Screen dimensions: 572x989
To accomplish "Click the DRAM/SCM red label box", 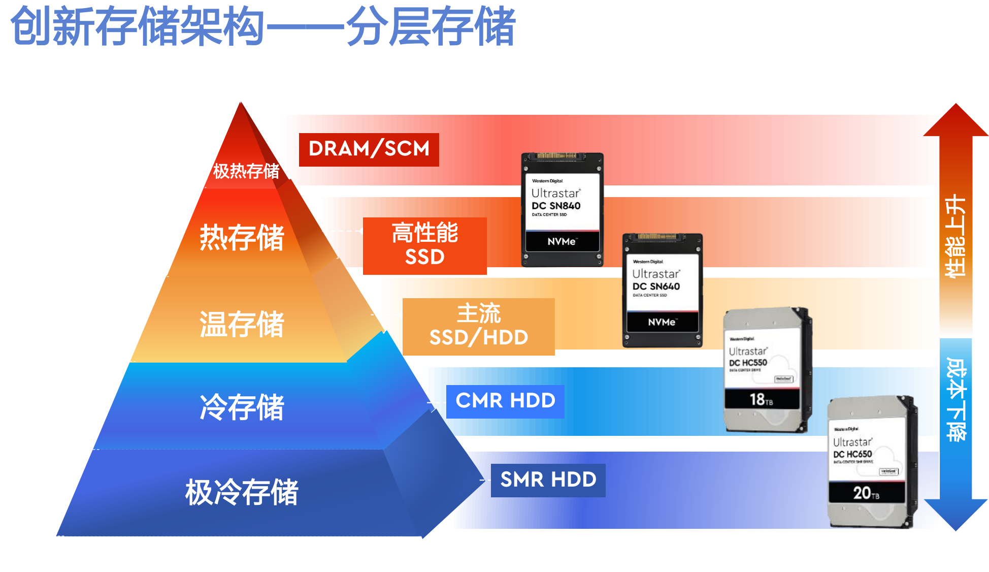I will pyautogui.click(x=369, y=149).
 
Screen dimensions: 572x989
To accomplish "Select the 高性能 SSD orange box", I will pyautogui.click(x=424, y=245).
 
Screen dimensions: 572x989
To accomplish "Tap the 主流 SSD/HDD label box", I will pyautogui.click(x=478, y=326).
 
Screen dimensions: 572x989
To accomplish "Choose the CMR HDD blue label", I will pyautogui.click(x=505, y=401).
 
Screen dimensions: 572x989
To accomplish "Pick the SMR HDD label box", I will pyautogui.click(x=548, y=480).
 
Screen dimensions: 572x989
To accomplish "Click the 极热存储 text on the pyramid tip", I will pyautogui.click(x=246, y=172).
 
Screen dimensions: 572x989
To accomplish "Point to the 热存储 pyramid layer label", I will pyautogui.click(x=242, y=237).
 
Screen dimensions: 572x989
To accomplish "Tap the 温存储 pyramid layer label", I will pyautogui.click(x=242, y=324).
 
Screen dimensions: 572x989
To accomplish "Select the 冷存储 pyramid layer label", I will pyautogui.click(x=242, y=407).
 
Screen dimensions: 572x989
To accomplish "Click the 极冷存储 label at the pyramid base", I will pyautogui.click(x=242, y=492).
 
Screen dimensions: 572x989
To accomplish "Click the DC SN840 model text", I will pyautogui.click(x=556, y=206).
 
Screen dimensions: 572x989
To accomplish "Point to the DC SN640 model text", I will pyautogui.click(x=656, y=287).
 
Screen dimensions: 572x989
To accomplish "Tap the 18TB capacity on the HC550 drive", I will pyautogui.click(x=761, y=400).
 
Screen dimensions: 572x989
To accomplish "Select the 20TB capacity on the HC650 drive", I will pyautogui.click(x=866, y=493).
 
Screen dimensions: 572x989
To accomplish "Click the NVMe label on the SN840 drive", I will pyautogui.click(x=562, y=242).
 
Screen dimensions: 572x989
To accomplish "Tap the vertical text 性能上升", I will pyautogui.click(x=955, y=236).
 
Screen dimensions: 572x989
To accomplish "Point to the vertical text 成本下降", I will pyautogui.click(x=956, y=399).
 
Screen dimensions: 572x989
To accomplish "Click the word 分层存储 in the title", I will pyautogui.click(x=431, y=26).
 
